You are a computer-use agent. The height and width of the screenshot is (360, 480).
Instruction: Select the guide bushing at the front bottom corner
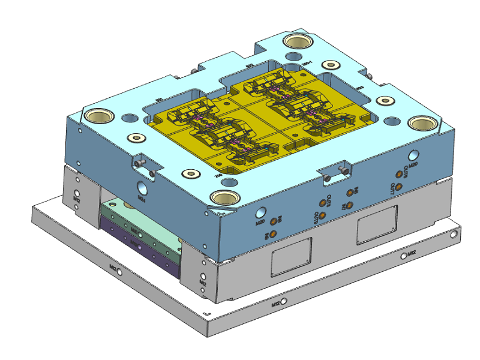tap(224, 197)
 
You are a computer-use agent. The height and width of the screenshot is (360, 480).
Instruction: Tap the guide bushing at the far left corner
tap(100, 115)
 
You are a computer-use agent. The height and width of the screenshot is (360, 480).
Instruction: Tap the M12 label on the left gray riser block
tap(77, 197)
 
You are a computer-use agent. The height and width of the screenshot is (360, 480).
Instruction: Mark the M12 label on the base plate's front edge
tap(275, 304)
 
